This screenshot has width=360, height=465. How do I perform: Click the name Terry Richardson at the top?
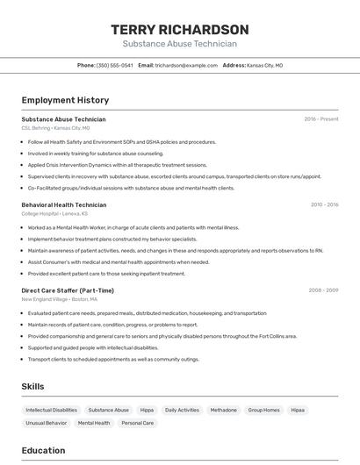pos(180,29)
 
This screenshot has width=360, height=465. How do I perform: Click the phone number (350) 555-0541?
pos(114,65)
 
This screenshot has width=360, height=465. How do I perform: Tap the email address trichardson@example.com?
pos(186,65)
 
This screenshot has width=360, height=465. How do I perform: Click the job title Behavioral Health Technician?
pos(64,204)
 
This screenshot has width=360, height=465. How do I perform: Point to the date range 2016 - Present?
pos(320,119)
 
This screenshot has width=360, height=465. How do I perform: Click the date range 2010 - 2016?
pos(324,204)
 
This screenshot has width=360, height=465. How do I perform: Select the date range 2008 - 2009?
pos(323,290)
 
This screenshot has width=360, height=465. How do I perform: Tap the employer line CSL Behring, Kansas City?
pos(55,128)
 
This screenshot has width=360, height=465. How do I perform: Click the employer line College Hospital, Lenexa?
pos(54,213)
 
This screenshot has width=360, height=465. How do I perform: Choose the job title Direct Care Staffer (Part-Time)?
pos(68,290)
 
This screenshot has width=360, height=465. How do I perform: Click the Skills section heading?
pos(32,386)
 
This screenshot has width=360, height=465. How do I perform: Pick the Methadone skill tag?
pos(223,410)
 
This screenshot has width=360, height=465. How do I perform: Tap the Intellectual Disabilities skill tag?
pos(51,410)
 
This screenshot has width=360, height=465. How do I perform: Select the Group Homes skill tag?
pos(263,410)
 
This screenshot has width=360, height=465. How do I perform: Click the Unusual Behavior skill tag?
pos(46,423)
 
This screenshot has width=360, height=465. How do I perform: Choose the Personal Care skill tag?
pos(137,423)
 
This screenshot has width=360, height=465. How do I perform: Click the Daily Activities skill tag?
pos(182,410)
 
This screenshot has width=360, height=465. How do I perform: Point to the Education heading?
pos(43,451)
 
